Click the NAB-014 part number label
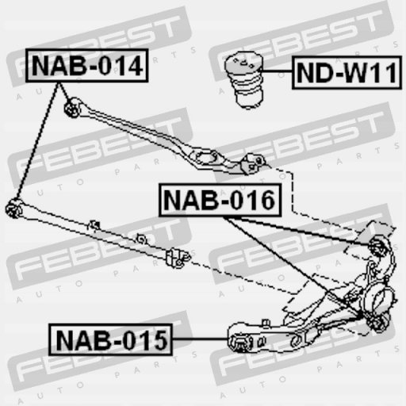(87, 66)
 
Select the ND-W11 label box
(347, 72)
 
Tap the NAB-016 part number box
(220, 200)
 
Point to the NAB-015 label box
(110, 339)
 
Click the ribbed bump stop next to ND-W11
(244, 80)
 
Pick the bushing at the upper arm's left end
(72, 108)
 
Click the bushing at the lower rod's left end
(13, 209)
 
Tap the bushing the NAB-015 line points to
(240, 343)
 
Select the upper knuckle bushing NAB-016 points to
(377, 247)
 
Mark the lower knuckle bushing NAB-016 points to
(378, 323)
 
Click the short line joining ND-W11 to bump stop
(277, 71)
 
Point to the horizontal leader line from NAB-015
(200, 339)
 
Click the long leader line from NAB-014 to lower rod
(37, 140)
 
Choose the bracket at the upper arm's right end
(253, 163)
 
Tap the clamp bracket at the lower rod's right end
(178, 258)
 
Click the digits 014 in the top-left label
(121, 66)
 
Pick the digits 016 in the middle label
(253, 200)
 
